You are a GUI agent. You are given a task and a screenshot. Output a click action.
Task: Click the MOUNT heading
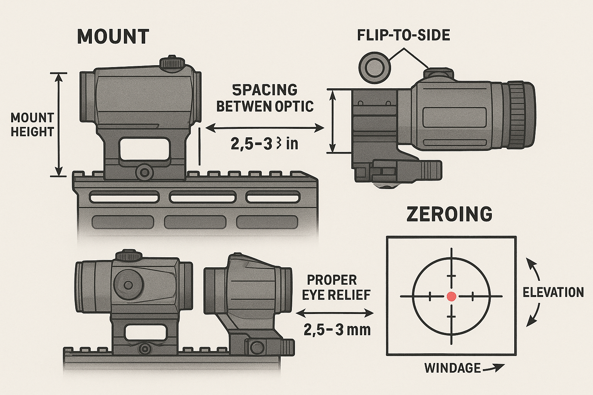pos(113,37)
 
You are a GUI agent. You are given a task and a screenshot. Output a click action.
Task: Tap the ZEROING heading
pos(449,214)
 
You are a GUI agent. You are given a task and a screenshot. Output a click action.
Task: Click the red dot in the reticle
pos(451,296)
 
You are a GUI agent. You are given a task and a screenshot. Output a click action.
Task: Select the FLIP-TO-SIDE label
pos(403,35)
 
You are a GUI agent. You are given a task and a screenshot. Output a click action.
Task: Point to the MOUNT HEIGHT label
pos(32,125)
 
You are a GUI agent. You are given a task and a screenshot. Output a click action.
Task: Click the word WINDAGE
pos(452,368)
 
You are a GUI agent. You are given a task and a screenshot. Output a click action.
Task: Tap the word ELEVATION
pos(553,292)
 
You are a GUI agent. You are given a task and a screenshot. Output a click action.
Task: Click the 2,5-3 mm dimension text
pos(337,330)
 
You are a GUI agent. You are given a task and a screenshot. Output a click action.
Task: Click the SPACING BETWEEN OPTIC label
pos(265,98)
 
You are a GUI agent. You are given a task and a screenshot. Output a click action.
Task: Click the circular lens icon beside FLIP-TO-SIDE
pos(373,66)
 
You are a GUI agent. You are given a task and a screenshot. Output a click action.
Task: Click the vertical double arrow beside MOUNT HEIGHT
pos(59,124)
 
